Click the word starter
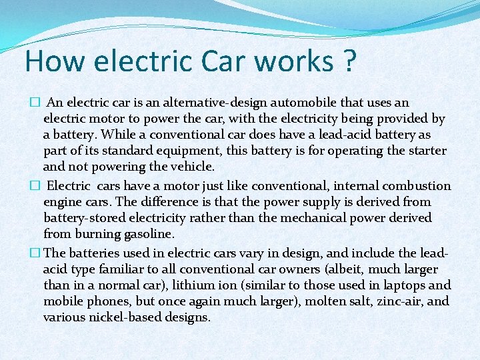tap(423, 151)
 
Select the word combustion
tap(416, 186)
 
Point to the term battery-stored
tap(85, 218)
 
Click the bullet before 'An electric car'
tap(35, 103)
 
